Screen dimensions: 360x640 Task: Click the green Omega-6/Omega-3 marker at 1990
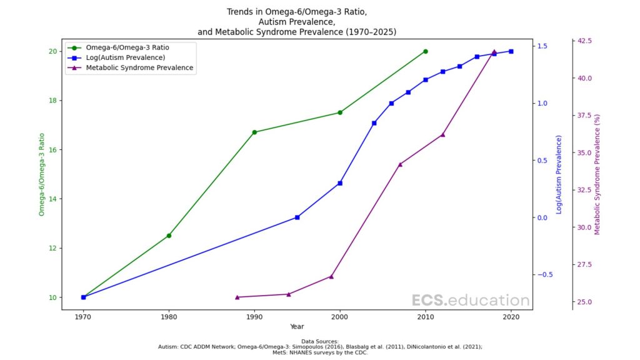click(254, 132)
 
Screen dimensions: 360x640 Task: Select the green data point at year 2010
click(426, 51)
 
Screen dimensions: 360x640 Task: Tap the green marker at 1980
click(169, 236)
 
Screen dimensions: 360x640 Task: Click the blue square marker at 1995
click(297, 217)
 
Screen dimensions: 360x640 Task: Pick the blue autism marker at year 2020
click(511, 51)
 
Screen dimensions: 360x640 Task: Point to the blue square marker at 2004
click(374, 123)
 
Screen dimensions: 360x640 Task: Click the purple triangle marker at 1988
click(237, 297)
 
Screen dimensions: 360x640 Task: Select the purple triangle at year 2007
click(400, 164)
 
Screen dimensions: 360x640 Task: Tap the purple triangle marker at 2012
click(442, 134)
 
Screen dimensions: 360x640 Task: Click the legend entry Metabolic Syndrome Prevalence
click(139, 67)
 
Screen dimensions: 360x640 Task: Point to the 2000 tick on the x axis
click(340, 317)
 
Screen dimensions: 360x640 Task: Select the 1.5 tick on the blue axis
click(542, 46)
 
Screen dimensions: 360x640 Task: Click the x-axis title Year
click(297, 326)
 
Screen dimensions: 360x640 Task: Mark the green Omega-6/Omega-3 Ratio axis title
click(42, 174)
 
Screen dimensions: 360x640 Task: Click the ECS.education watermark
click(471, 301)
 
